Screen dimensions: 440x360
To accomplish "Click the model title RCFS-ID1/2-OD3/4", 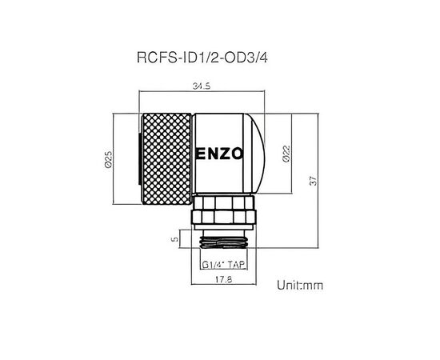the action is tap(202, 58).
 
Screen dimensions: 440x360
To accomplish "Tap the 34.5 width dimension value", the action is tap(202, 86).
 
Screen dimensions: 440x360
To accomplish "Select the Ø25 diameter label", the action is tap(108, 159).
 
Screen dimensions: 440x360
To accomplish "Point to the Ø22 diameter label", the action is tap(286, 154).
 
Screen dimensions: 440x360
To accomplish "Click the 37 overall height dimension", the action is tap(314, 181).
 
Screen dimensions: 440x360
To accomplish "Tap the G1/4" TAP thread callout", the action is tap(224, 265).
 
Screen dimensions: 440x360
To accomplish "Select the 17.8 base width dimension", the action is tap(224, 279).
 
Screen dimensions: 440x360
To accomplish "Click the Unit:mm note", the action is tap(300, 285).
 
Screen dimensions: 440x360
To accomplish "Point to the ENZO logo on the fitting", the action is tap(219, 154).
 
